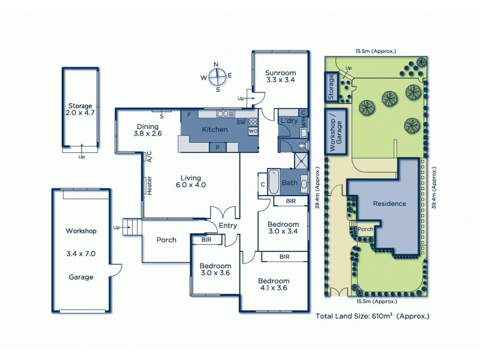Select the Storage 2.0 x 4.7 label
pos(80,109)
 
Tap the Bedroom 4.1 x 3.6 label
pos(274,284)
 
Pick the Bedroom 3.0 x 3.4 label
pos(283,227)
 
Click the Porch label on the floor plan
pos(166,240)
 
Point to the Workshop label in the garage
pos(81,230)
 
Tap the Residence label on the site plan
pos(389,203)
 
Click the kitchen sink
pos(226,113)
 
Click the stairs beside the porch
pos(133,228)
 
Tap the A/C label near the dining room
pos(148,157)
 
